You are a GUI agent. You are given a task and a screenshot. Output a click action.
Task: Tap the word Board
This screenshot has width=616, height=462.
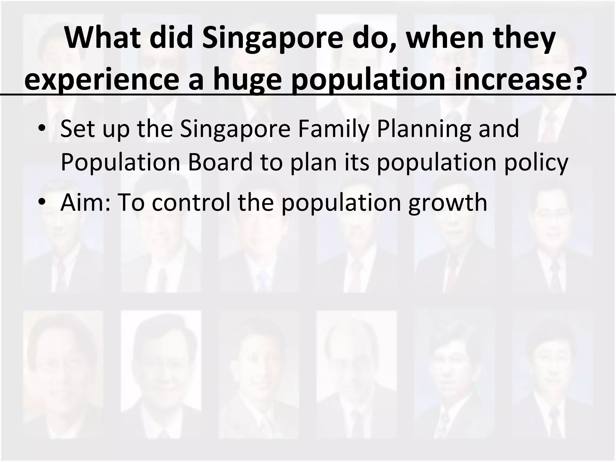[220, 162]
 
